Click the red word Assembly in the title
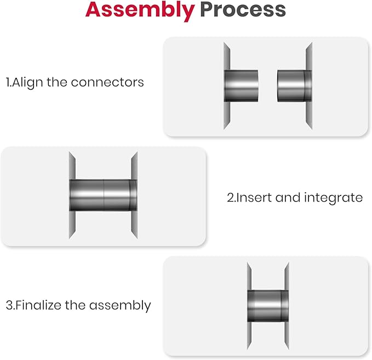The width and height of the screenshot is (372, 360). (x=140, y=10)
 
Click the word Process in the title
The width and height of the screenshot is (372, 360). (x=243, y=9)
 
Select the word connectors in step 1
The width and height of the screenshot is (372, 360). (x=107, y=83)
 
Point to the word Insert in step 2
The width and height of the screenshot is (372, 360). (x=254, y=197)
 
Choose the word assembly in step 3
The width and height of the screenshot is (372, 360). (x=120, y=305)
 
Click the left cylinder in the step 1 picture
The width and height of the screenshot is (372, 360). (x=241, y=86)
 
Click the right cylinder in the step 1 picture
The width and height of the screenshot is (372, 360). (x=294, y=86)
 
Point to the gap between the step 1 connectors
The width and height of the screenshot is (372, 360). (x=267, y=86)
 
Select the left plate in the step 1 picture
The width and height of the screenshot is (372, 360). (x=227, y=86)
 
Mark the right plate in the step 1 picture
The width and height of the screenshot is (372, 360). (x=309, y=86)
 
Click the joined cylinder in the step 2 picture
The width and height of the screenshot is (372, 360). (x=103, y=195)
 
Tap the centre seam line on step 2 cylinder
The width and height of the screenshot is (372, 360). (x=104, y=195)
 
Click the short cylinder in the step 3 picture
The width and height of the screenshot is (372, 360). (x=268, y=306)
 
